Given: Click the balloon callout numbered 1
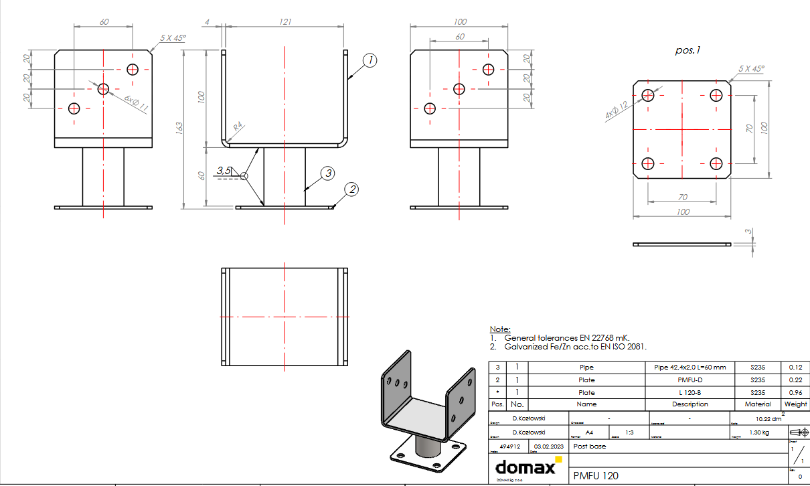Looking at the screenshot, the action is point(369,61).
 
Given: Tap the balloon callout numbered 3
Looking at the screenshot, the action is point(327,173).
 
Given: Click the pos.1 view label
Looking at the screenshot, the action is point(688,50).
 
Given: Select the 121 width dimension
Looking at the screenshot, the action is point(285,22).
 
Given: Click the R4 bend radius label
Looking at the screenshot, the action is point(239,126).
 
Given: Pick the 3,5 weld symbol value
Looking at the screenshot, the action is point(225,171).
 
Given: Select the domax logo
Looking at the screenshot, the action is point(525,466).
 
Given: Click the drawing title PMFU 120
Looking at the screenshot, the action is point(596,476).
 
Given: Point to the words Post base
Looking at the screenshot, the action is point(590,446).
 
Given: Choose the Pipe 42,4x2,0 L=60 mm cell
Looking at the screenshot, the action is point(690,368).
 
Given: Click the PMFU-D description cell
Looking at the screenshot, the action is point(690,380).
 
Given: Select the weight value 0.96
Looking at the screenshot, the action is point(795,393).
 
